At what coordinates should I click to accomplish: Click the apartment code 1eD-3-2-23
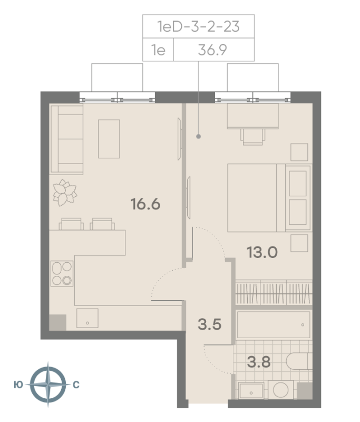pos(198,26)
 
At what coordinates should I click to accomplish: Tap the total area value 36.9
pos(212,50)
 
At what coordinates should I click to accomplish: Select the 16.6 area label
pos(145,204)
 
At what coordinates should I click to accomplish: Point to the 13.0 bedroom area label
pos(262,253)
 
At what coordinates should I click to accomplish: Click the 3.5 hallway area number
pos(210,324)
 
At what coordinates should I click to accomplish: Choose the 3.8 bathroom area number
pos(259,362)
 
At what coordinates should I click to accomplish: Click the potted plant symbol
pos(65,193)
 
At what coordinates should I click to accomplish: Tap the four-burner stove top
pos(62,273)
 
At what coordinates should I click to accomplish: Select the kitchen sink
pos(87,318)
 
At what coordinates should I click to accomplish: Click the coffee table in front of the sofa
pos(109,139)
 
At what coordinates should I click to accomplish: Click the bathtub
pos(274,324)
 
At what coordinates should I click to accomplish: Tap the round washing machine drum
pos(280,390)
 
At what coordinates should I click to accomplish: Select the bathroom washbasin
pos(251,391)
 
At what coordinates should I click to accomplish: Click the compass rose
pos(48,384)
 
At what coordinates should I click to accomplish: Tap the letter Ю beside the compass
pos(18,385)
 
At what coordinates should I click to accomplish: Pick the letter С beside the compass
pos(76,385)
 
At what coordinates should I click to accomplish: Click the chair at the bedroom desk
pos(252,137)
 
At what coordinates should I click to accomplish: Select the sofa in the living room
pos(67,139)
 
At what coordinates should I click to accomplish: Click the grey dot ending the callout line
pos(198,137)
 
